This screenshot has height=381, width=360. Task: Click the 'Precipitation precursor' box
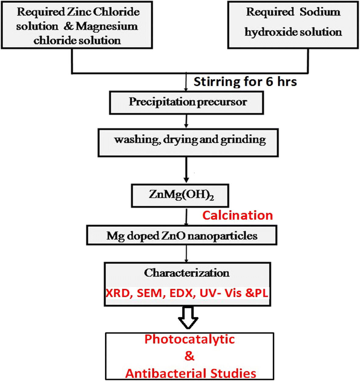click(x=186, y=103)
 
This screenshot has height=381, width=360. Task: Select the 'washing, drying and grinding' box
click(x=188, y=142)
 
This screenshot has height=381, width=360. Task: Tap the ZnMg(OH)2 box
click(x=180, y=195)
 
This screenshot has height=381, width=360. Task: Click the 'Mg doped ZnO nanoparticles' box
click(x=182, y=236)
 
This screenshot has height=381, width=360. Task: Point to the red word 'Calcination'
click(x=237, y=215)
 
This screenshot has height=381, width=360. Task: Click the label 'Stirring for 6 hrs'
click(x=245, y=82)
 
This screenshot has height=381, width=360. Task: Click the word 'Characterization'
click(x=187, y=273)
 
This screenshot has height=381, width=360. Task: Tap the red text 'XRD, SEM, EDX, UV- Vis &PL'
click(x=187, y=293)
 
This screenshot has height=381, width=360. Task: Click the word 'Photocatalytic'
click(x=190, y=339)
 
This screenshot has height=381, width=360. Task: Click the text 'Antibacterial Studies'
click(x=191, y=373)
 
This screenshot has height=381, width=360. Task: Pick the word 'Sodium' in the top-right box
click(x=320, y=12)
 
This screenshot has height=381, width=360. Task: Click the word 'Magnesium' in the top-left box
click(x=107, y=27)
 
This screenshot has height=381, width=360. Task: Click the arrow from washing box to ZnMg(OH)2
click(x=186, y=170)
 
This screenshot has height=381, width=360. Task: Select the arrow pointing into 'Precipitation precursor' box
click(x=186, y=82)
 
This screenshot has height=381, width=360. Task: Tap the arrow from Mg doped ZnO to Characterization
click(x=186, y=254)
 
